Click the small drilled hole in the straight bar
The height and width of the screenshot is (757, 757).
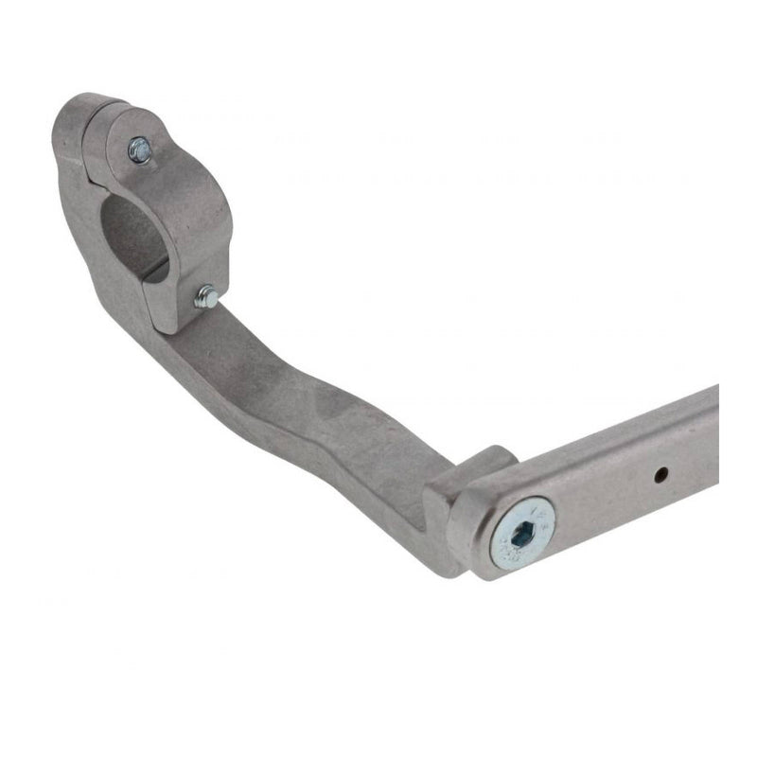[x=661, y=472]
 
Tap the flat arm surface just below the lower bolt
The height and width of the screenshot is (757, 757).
[x=227, y=341]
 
